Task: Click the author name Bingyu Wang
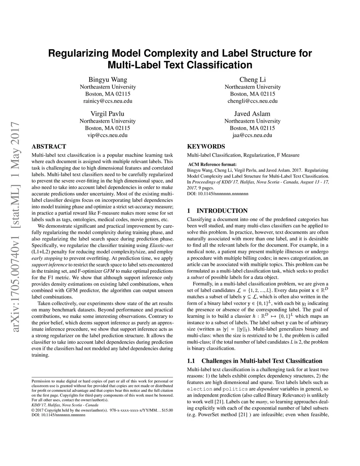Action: tap(108, 79)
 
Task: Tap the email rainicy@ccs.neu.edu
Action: tap(108, 101)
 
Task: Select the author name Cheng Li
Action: tap(252, 79)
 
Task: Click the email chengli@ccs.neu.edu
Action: tap(252, 101)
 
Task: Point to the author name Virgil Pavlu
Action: tap(107, 114)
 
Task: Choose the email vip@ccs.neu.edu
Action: tap(107, 135)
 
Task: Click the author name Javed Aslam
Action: tap(252, 114)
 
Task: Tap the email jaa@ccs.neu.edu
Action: tap(252, 135)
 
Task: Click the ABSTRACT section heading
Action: tap(49, 146)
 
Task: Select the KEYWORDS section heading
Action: tap(206, 146)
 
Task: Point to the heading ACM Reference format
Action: tap(212, 164)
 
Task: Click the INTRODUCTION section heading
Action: tap(222, 211)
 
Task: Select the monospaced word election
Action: tap(199, 389)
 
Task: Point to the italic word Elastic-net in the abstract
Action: tap(161, 245)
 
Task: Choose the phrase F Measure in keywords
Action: tap(288, 155)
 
